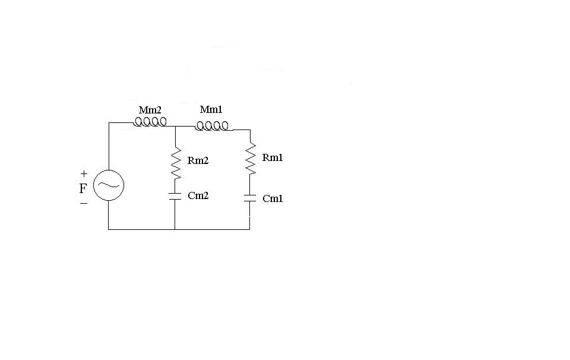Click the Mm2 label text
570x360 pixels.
[150, 110]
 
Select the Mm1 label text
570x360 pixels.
[211, 109]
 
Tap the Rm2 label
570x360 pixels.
[198, 161]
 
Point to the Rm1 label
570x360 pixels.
[273, 157]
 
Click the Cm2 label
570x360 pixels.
[198, 195]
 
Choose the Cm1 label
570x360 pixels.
[273, 198]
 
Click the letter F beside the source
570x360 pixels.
[83, 188]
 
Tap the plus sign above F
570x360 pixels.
[84, 174]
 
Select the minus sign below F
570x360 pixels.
[84, 203]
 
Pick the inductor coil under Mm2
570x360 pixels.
[150, 121]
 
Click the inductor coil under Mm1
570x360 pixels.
[212, 126]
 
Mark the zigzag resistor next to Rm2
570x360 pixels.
[176, 163]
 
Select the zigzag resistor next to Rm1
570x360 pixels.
[251, 158]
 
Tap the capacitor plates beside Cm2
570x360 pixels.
[175, 197]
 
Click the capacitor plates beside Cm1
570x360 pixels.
[250, 198]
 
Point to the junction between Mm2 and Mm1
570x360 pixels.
[175, 127]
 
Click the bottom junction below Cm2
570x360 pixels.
[175, 229]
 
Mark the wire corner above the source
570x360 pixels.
[109, 123]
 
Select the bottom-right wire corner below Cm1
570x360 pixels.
[250, 229]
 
